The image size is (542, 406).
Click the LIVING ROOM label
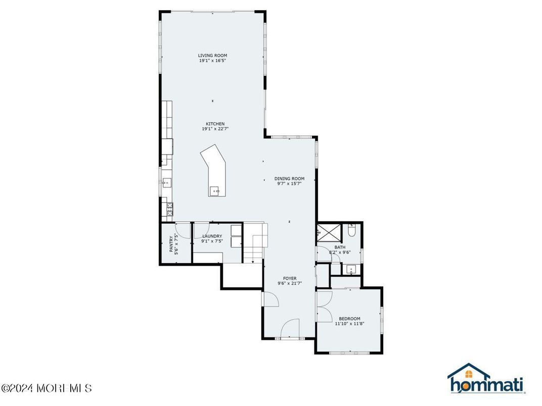click(212, 56)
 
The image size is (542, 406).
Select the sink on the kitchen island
click(215, 191)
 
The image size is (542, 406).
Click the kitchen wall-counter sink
click(167, 183)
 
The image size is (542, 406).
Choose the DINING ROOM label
click(289, 178)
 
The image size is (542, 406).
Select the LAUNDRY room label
click(212, 236)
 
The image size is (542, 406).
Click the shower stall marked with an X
click(328, 233)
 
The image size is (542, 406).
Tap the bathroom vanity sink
click(351, 269)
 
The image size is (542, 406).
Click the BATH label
click(339, 247)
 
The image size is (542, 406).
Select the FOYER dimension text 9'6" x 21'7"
click(290, 284)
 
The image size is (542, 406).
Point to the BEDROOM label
click(349, 319)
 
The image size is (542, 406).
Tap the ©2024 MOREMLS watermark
click(47, 388)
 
